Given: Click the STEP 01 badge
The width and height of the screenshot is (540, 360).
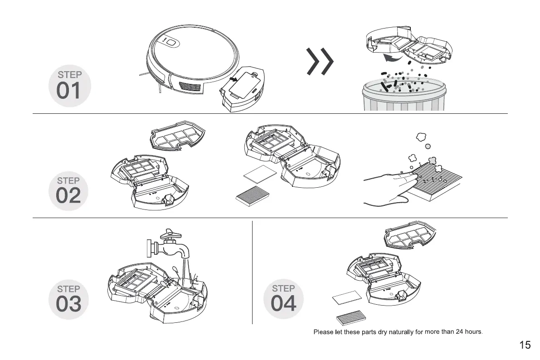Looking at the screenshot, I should [x=69, y=86].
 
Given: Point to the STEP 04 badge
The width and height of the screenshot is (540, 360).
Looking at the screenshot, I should [x=284, y=299].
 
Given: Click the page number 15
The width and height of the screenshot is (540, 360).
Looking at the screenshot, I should [x=525, y=345].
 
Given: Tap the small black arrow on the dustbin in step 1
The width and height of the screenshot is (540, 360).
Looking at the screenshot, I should [x=232, y=80].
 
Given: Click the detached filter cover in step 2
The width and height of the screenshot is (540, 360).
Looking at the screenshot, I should [x=177, y=136].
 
